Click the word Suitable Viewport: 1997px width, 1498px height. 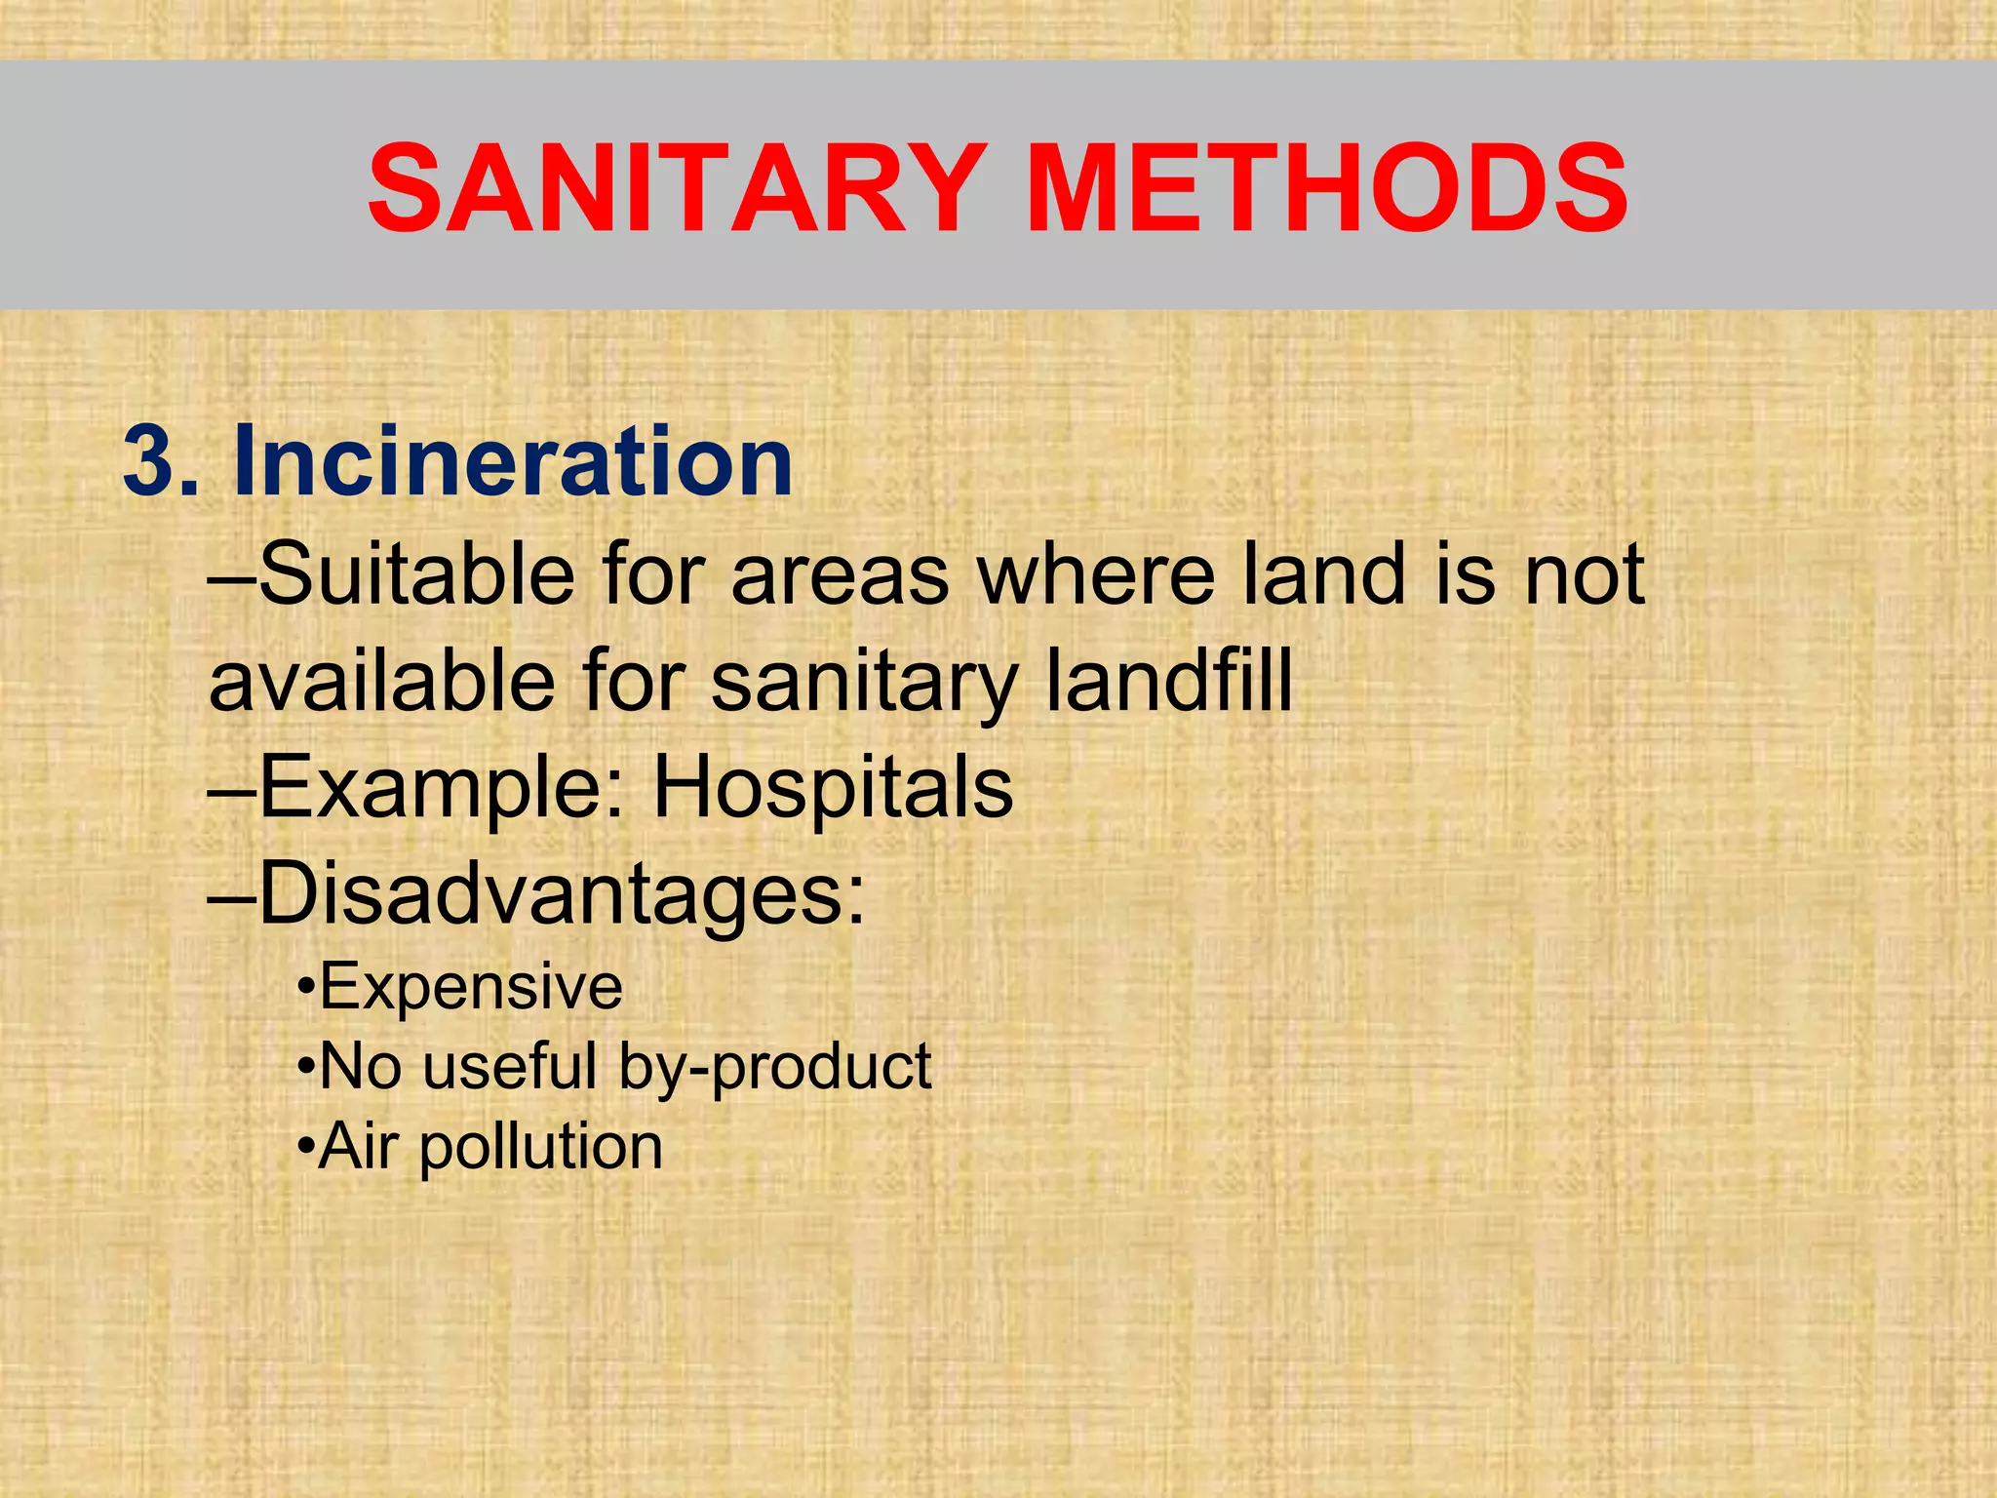coord(417,575)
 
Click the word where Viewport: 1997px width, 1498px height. coord(1097,575)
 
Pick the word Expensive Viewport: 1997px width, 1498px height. coord(471,987)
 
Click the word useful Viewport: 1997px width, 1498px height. coord(510,1066)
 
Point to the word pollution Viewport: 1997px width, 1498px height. coord(541,1148)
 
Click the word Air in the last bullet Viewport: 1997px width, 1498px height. coord(358,1146)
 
